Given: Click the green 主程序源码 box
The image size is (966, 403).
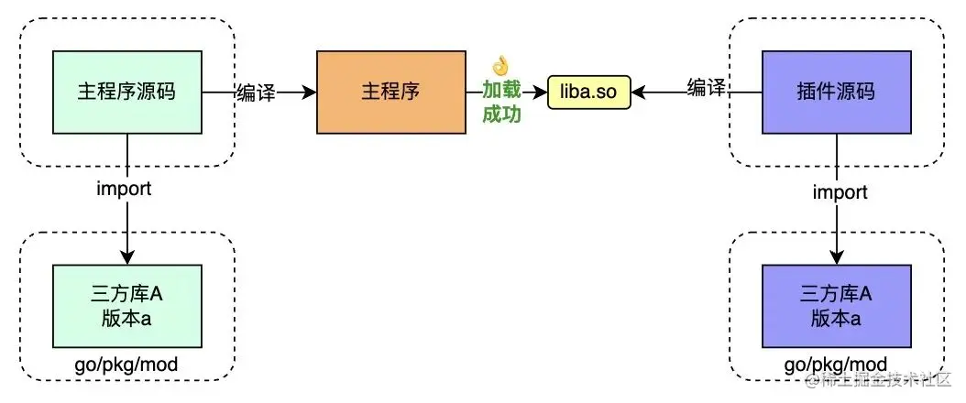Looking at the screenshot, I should [127, 92].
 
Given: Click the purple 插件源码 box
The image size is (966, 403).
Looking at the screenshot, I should [837, 92].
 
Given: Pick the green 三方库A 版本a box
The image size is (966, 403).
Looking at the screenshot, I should [127, 306].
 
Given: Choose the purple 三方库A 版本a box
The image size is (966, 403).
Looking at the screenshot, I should [837, 306].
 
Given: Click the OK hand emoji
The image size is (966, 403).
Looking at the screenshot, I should [499, 66].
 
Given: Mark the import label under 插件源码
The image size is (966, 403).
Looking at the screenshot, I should [840, 191].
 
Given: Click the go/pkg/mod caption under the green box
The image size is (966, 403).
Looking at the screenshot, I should [126, 365].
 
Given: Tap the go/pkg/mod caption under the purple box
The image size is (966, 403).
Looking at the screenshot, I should [836, 365].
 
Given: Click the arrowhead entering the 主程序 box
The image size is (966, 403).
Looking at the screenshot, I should [310, 93].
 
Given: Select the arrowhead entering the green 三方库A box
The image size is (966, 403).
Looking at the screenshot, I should [127, 259].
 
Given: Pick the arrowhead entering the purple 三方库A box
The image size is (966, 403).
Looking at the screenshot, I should [837, 259].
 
